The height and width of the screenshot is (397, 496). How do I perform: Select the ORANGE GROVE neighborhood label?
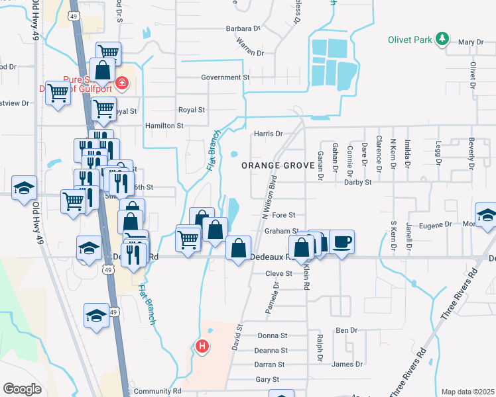click(x=277, y=165)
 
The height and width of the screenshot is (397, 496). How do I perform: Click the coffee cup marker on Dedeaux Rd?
click(x=341, y=242)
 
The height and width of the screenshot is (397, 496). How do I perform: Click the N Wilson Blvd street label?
click(x=270, y=197)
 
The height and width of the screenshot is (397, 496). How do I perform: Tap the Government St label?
click(x=225, y=77)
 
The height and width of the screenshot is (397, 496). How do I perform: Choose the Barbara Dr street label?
click(x=243, y=28)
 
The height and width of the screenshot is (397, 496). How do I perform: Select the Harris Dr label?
click(x=268, y=134)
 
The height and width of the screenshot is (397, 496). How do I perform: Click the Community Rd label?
click(x=157, y=391)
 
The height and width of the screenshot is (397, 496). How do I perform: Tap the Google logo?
click(x=22, y=389)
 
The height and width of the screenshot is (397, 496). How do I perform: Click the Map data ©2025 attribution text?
click(x=467, y=392)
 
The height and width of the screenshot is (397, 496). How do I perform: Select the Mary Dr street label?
click(x=471, y=42)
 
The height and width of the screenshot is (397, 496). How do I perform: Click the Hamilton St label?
click(x=163, y=125)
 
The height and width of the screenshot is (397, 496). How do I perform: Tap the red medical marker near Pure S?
click(x=121, y=83)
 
